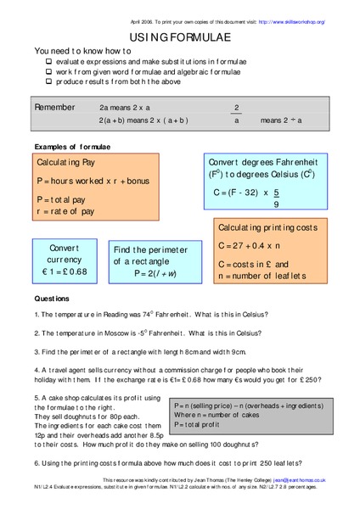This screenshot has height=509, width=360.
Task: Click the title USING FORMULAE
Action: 179,37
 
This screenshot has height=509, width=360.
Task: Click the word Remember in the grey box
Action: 55,108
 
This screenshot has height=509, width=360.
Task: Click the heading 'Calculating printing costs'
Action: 273,228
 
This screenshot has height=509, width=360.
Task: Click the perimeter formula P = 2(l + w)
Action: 146,273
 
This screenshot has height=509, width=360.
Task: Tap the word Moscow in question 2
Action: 124,333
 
